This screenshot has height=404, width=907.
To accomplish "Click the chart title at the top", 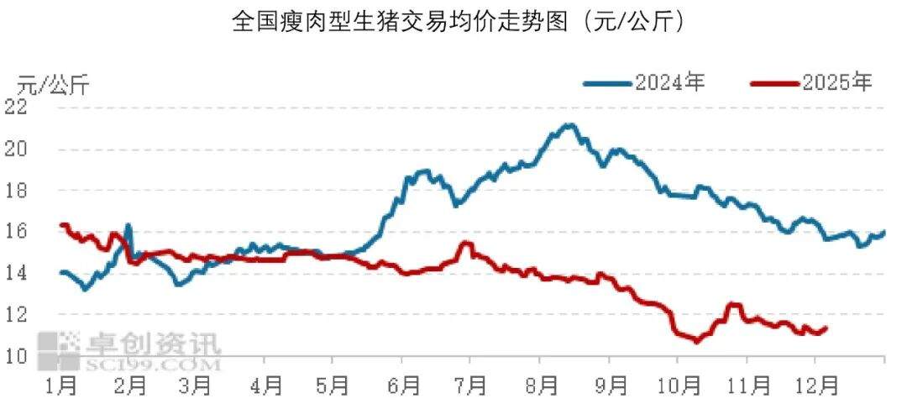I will tap(459, 21).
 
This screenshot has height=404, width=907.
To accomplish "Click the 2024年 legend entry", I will tap(668, 82).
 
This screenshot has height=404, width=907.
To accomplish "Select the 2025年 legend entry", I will tap(836, 82).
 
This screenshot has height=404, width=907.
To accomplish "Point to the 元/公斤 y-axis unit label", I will tap(53, 85).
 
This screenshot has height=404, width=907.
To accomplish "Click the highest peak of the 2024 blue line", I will tap(570, 125).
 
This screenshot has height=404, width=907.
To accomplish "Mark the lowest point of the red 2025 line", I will tap(695, 341).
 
